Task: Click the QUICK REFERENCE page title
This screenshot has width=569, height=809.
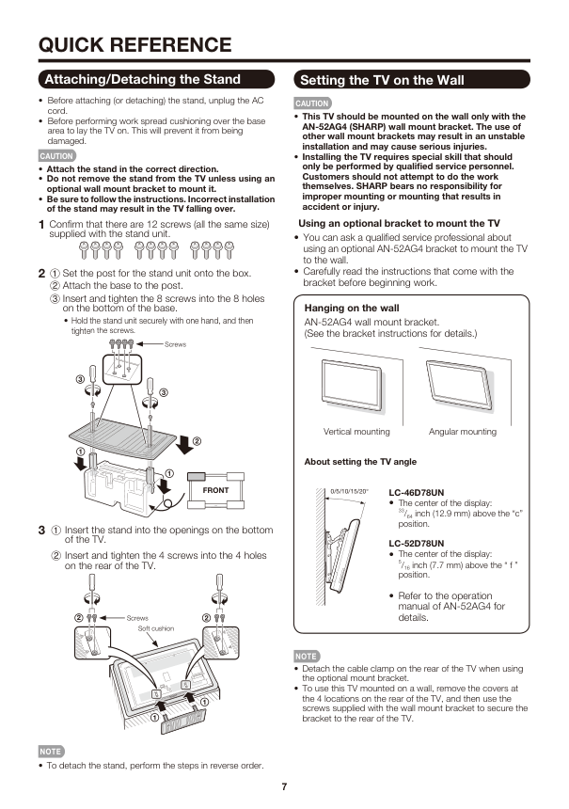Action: [x=135, y=45]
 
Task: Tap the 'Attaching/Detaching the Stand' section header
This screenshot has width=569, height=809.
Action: [x=156, y=79]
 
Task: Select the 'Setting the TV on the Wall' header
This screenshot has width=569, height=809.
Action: [x=412, y=80]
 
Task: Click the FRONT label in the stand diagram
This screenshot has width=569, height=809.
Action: [x=215, y=490]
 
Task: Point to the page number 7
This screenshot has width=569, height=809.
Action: [x=284, y=786]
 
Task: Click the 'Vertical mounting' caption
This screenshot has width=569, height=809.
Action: [x=356, y=432]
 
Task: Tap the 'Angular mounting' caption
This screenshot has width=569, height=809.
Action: [x=463, y=432]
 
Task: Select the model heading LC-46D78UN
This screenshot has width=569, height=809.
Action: [x=417, y=493]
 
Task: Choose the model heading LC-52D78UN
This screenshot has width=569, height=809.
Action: [x=417, y=544]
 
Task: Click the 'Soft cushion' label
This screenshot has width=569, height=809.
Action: [x=156, y=628]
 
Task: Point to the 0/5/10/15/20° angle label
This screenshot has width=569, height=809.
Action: [x=349, y=491]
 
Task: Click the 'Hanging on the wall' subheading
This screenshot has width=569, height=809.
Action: [x=352, y=308]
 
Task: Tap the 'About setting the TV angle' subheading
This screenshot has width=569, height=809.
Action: [x=360, y=462]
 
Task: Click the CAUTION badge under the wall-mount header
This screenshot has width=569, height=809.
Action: [x=312, y=103]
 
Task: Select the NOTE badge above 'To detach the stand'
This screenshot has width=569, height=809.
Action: [x=51, y=752]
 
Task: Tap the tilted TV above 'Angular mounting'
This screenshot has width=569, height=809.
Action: [x=459, y=383]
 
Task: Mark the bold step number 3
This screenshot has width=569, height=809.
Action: [x=41, y=531]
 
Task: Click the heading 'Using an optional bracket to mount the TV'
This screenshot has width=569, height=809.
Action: [x=400, y=223]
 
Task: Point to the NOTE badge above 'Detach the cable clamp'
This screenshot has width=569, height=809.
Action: [x=307, y=657]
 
